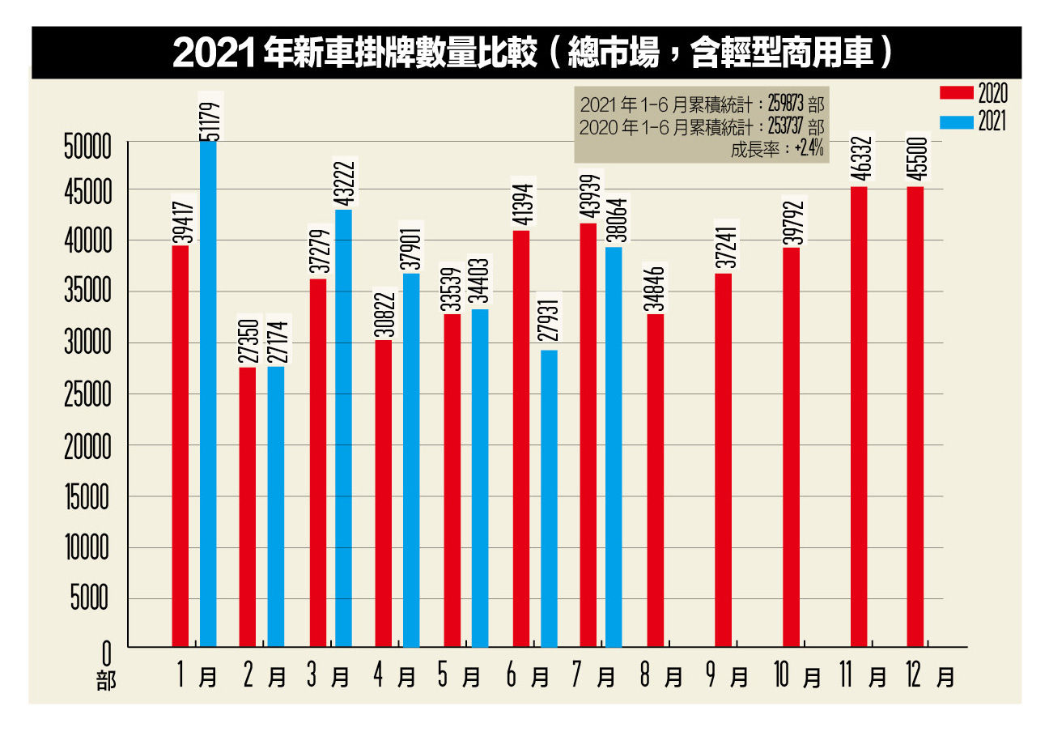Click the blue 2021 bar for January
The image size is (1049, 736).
(x=208, y=394)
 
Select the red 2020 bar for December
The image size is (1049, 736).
(x=915, y=416)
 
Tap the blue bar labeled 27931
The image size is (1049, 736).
(x=550, y=499)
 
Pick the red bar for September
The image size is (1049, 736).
(x=723, y=460)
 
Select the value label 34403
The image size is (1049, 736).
(x=479, y=281)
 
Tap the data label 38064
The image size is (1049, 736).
(x=616, y=220)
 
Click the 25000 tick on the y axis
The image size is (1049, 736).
(x=88, y=394)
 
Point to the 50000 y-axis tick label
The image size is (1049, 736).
(x=88, y=147)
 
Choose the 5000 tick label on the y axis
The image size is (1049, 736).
(x=90, y=598)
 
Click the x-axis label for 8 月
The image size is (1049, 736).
(x=660, y=675)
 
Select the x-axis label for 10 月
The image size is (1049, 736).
(x=797, y=675)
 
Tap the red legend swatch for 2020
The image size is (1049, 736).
(x=956, y=93)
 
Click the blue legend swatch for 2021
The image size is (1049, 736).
(x=956, y=122)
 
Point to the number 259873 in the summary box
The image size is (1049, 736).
(x=785, y=104)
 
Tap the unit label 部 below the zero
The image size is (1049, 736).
(x=106, y=681)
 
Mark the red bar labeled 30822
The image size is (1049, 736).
(x=383, y=493)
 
